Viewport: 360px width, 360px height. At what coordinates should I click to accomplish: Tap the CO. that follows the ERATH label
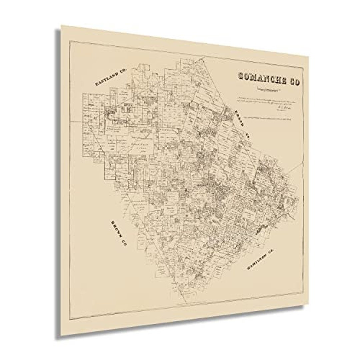click(x=247, y=135)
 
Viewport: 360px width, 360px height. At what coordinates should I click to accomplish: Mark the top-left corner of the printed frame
click(x=69, y=41)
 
